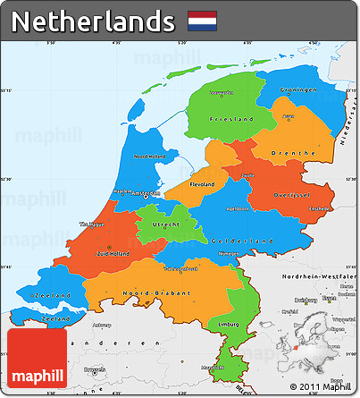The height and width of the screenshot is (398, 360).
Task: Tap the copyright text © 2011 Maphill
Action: [x=314, y=386]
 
